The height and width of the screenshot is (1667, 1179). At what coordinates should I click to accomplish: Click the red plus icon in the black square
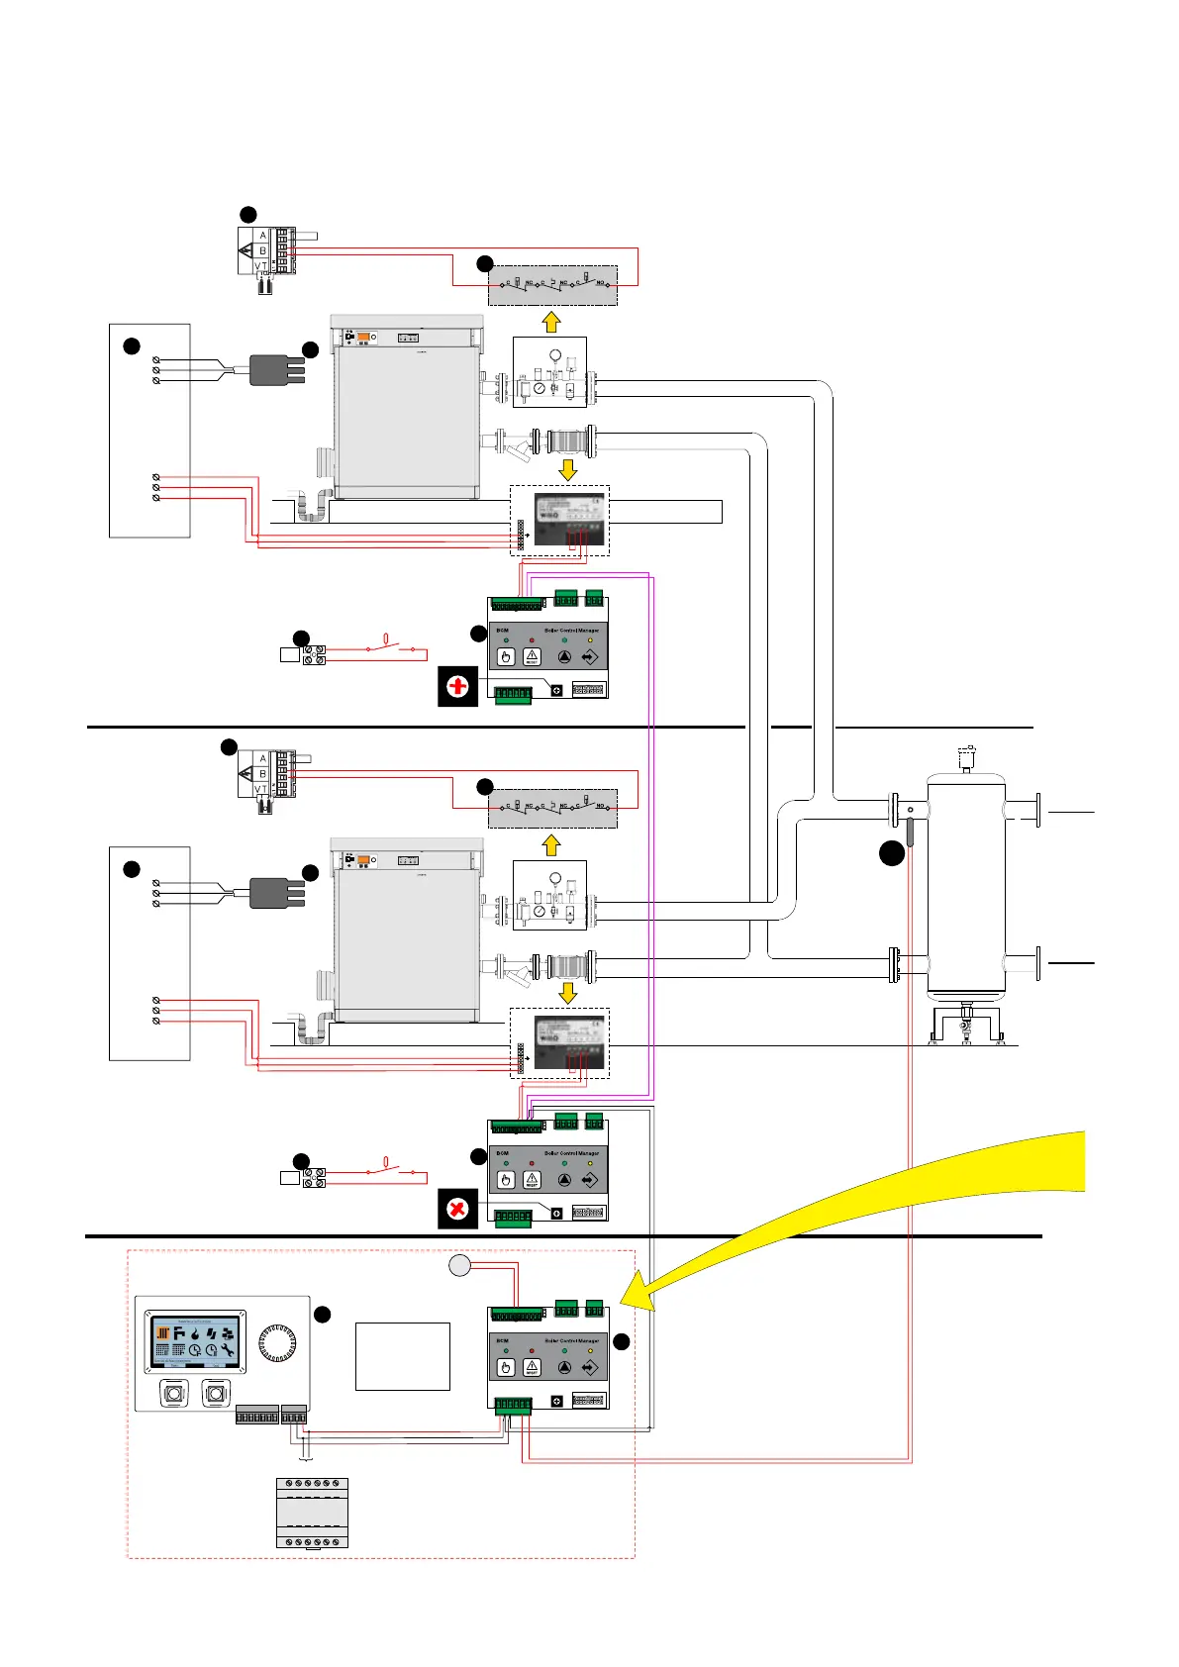(457, 686)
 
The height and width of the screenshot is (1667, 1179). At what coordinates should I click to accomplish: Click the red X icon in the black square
(457, 1209)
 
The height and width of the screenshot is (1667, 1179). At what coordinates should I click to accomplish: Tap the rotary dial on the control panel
(277, 1343)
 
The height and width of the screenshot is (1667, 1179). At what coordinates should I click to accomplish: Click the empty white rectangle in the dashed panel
(402, 1356)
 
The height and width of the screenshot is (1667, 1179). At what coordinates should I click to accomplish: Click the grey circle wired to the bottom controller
(459, 1265)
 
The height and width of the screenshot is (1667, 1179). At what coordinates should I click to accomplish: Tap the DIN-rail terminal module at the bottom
(312, 1513)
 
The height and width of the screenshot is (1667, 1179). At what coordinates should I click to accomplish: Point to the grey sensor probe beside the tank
(910, 832)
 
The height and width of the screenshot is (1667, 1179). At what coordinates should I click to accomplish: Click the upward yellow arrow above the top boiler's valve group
(552, 322)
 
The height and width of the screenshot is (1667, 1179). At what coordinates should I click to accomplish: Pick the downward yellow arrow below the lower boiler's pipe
(568, 992)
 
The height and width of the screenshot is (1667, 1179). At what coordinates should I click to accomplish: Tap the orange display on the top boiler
(363, 338)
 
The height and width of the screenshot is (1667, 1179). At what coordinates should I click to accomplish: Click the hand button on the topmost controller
(505, 656)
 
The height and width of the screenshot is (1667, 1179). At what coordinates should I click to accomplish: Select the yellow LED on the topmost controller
(590, 640)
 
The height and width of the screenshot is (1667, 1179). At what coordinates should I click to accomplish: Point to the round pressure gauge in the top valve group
(555, 354)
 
